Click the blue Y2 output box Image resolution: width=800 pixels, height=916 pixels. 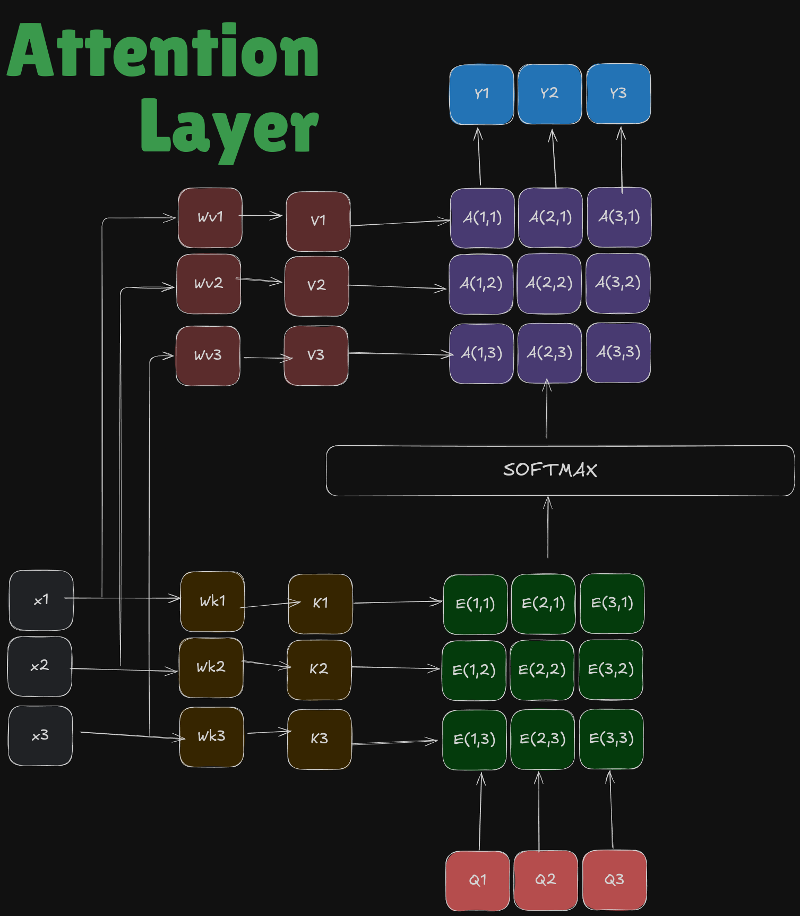(549, 94)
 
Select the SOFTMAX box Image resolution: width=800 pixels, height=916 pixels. (560, 471)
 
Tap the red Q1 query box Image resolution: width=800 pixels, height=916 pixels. (478, 880)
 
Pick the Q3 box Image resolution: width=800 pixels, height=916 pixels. (615, 880)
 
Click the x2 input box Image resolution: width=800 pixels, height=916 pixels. (40, 666)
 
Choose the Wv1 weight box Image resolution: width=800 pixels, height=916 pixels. (210, 217)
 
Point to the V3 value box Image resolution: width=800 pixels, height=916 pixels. (316, 355)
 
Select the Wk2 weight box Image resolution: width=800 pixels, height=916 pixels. (211, 668)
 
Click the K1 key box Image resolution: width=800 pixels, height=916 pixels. (320, 604)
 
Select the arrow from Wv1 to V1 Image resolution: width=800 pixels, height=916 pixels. (261, 215)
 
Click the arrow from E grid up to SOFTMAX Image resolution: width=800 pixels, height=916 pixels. (548, 527)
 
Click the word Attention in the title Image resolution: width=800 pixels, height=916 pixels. (163, 50)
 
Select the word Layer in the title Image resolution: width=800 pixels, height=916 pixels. (229, 130)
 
